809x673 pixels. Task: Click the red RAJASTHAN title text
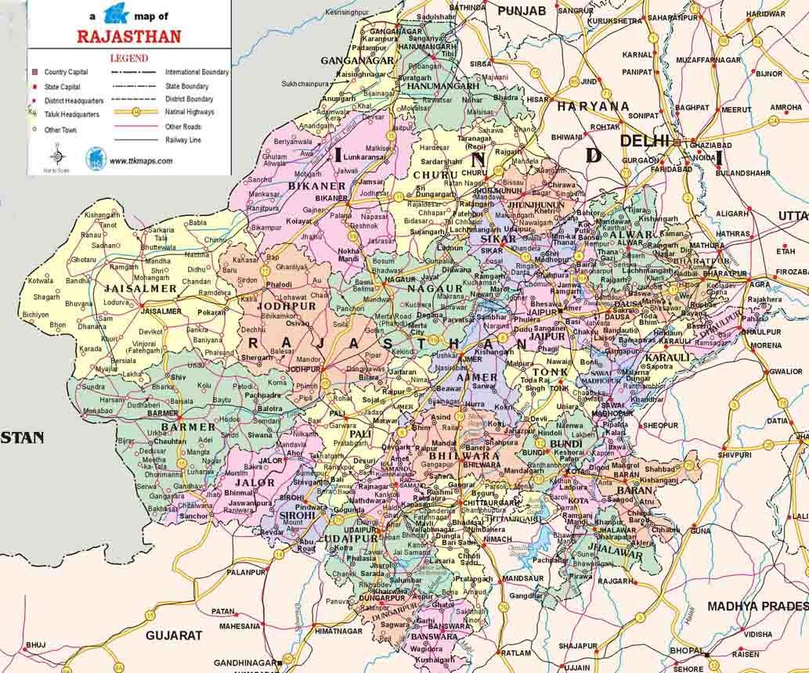129,36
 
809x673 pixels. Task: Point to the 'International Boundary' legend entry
197,72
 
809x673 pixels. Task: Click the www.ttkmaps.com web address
141,160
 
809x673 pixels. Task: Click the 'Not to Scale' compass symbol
57,156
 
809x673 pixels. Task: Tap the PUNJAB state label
520,11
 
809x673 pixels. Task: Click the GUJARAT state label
174,635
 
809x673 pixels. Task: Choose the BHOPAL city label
685,651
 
